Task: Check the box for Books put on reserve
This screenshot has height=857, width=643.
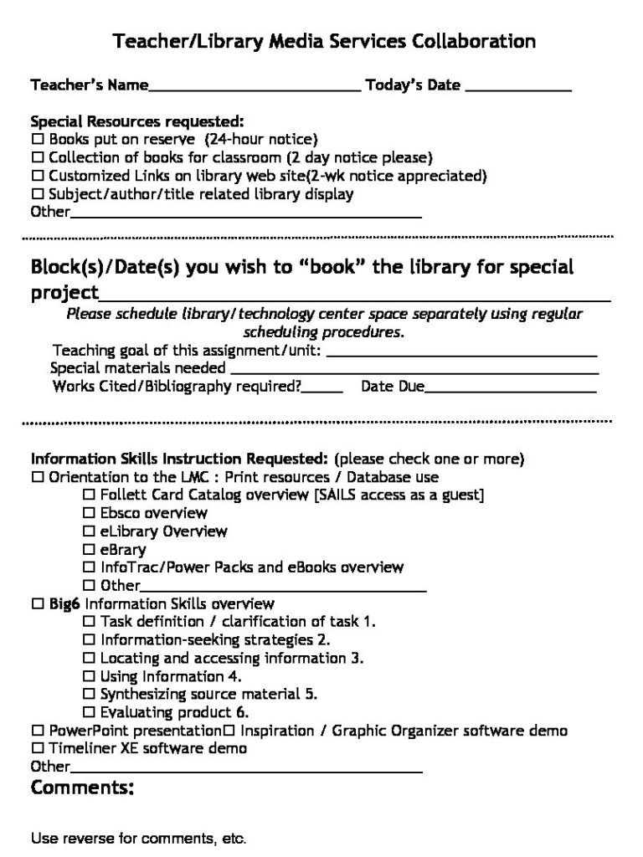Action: click(x=37, y=139)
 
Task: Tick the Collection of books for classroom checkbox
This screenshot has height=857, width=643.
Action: click(x=37, y=157)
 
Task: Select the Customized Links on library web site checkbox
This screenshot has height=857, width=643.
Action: click(x=37, y=176)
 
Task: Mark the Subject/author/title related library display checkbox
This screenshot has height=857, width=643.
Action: click(x=37, y=194)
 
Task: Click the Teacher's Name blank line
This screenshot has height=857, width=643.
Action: click(x=255, y=86)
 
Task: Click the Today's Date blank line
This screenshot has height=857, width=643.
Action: click(x=518, y=86)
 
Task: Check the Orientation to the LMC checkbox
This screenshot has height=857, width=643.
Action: click(x=37, y=477)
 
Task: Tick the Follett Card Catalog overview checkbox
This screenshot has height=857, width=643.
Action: click(x=88, y=495)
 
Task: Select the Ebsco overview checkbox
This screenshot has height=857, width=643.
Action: click(x=88, y=513)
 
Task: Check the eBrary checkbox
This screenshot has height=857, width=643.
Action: click(x=88, y=550)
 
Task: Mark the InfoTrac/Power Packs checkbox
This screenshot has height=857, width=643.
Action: click(x=88, y=567)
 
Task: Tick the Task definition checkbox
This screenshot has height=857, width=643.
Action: click(x=88, y=622)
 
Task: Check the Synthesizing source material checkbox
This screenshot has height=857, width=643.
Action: click(x=88, y=695)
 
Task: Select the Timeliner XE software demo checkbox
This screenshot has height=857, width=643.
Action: click(x=37, y=748)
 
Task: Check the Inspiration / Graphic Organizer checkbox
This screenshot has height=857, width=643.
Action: click(x=228, y=731)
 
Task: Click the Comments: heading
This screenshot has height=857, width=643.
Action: click(x=82, y=788)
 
